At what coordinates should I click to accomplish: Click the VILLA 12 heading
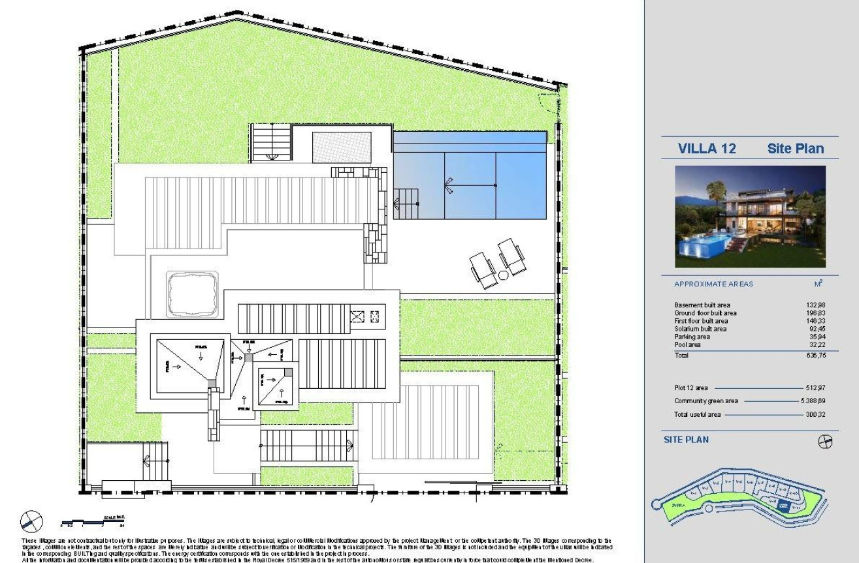click(707, 149)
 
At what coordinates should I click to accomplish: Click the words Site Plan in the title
click(795, 149)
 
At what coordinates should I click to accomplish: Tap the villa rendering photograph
click(749, 217)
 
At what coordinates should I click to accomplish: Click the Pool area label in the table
click(689, 344)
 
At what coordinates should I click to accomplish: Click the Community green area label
click(706, 401)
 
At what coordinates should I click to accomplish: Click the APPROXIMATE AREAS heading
click(713, 284)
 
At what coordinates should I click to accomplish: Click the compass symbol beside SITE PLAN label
click(825, 442)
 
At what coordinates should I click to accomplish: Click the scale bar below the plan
click(91, 521)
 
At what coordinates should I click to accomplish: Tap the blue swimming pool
click(469, 184)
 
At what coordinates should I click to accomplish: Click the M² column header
click(817, 284)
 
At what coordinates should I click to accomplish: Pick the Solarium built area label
click(700, 329)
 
